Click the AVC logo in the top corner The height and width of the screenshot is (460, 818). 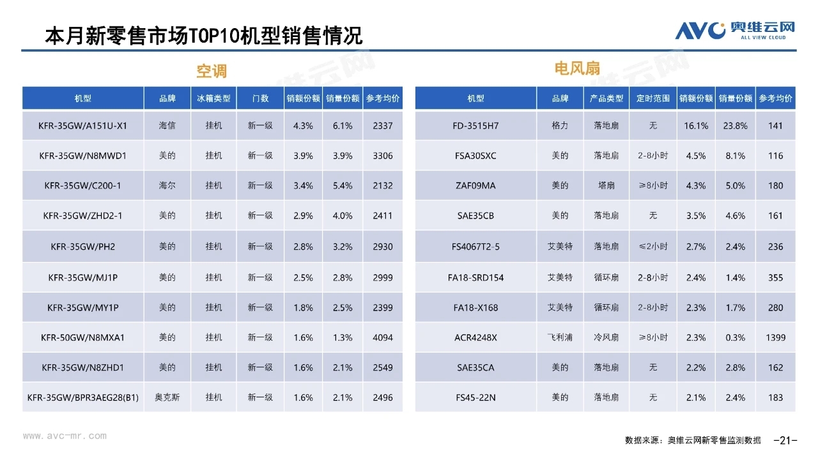point(735,29)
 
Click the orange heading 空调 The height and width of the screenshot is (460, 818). point(212,70)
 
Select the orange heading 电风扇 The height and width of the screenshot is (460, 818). point(577,68)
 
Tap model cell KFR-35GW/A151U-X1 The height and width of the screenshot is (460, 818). point(83,126)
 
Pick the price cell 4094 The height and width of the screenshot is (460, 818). point(383,337)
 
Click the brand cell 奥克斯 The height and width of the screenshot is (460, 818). point(167,397)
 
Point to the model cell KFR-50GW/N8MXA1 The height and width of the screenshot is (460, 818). point(83,337)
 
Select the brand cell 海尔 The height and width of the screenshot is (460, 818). point(167,185)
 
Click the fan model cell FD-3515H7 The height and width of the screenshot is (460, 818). point(475,126)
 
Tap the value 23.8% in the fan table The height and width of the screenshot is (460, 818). point(736,126)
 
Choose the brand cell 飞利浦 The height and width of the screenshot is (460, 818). point(560,337)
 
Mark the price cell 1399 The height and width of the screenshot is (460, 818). point(775,337)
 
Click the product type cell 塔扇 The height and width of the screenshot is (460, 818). point(606,185)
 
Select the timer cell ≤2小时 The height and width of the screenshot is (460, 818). point(653,247)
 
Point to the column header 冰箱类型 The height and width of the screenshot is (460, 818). point(214,98)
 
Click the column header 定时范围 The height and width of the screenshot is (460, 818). point(653,98)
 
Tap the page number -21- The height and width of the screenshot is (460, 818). point(785,440)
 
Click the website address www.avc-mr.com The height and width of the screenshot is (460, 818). point(65,436)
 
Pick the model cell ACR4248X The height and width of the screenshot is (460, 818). point(475,337)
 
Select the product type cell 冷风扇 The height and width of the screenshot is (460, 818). point(606,337)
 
